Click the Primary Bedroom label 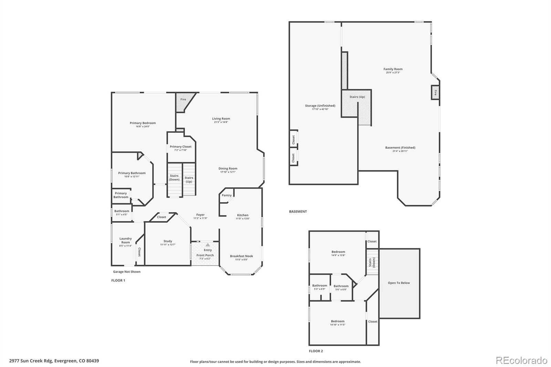[143, 123]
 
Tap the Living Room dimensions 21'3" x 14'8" [221, 122]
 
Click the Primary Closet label [180, 147]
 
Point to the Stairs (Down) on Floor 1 [174, 178]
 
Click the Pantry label [227, 195]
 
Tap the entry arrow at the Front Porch [208, 245]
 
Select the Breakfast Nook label [241, 256]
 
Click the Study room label [168, 241]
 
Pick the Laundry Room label [125, 240]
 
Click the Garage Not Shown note [127, 272]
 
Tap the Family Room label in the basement [393, 69]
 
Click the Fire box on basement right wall [435, 93]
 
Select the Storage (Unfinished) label [320, 106]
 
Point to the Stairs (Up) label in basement [357, 97]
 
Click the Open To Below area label [399, 283]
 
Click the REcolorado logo [521, 360]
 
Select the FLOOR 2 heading [316, 351]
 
